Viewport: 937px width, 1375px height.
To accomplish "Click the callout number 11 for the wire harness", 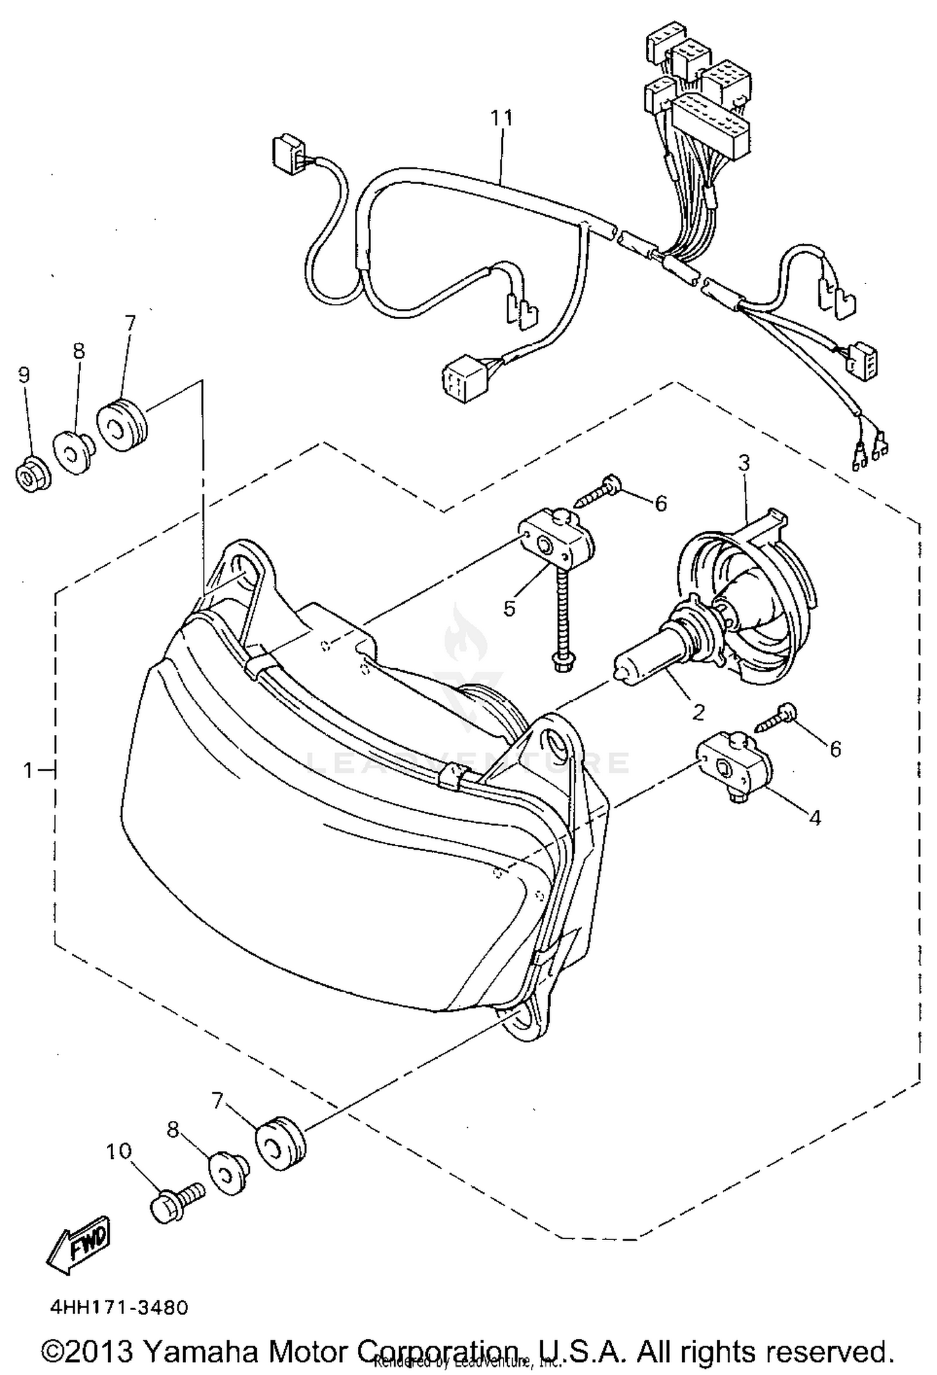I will (x=501, y=117).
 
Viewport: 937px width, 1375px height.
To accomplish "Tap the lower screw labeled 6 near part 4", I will (x=773, y=718).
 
